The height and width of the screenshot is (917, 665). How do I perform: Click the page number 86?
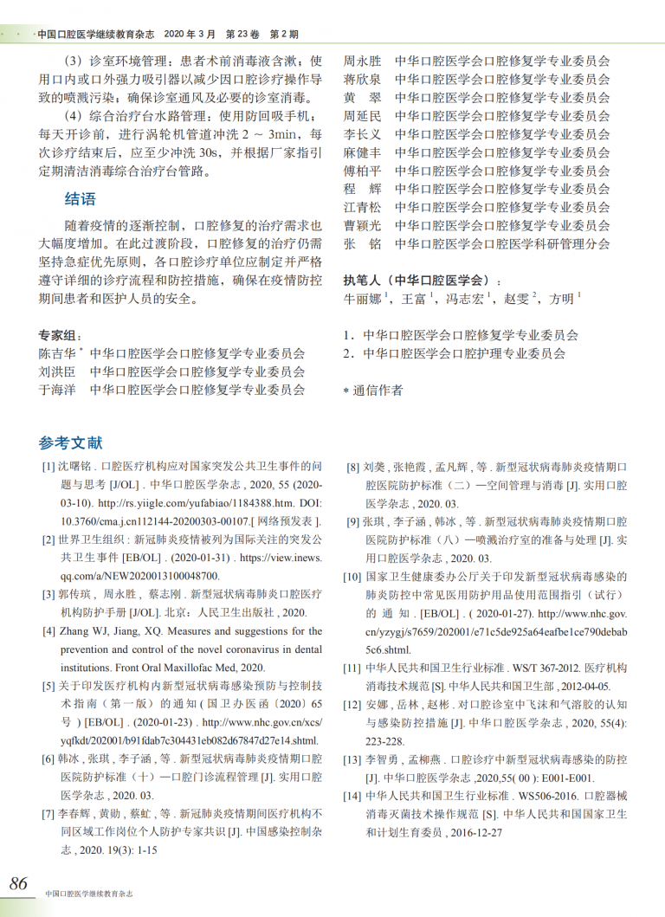coord(18,883)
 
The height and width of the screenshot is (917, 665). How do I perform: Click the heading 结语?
coord(81,199)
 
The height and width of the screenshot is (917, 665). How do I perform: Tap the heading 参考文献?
coord(70,442)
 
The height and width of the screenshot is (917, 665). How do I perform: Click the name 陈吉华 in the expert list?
coord(56,353)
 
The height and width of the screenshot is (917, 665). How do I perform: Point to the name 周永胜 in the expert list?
coord(362,61)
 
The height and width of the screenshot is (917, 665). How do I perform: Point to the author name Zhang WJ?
coord(84,631)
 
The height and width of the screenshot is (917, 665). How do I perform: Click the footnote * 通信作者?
coord(373,391)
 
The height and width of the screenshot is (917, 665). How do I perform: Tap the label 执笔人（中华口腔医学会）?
coord(421,280)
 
